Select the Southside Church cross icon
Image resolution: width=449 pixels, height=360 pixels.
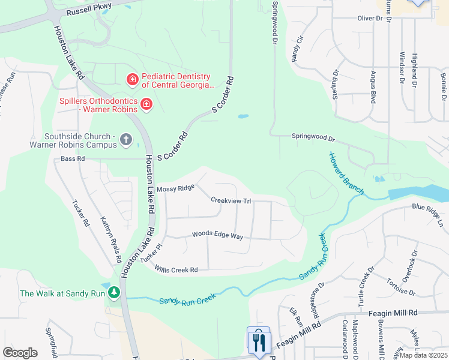pos(125,140)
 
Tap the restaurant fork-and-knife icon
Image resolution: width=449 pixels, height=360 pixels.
pos(258,342)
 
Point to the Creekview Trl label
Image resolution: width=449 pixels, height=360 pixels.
pos(231,200)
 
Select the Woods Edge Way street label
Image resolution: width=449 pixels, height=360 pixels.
pos(217,236)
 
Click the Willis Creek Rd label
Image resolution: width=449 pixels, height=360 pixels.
pos(176,269)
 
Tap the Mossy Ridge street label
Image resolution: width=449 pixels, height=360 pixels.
pos(175,188)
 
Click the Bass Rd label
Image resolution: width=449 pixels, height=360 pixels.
pos(73,159)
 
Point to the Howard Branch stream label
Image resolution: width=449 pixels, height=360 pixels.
pos(346,174)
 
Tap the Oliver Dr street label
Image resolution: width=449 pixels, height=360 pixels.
pos(370,19)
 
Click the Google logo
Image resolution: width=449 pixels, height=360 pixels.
pos(20,353)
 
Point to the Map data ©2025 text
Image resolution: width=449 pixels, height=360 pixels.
pos(423,355)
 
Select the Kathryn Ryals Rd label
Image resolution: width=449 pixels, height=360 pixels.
pos(111,239)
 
